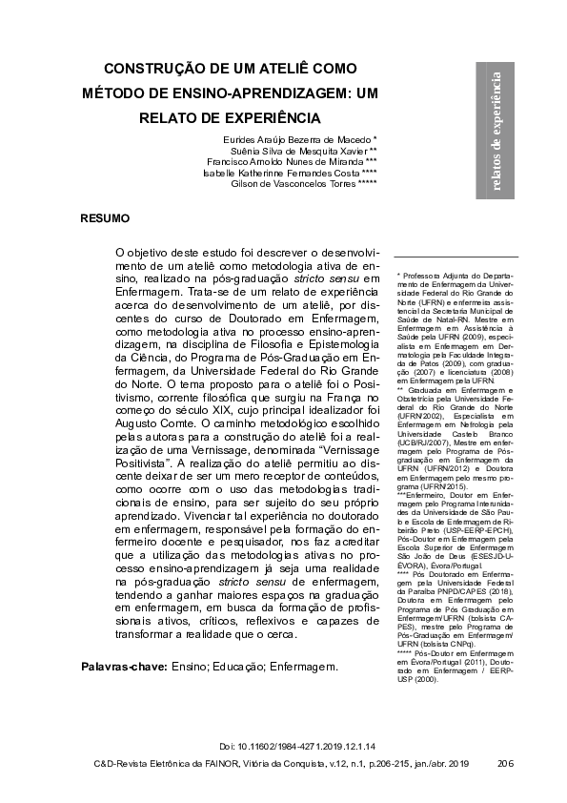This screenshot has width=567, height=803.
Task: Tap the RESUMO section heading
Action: click(105, 218)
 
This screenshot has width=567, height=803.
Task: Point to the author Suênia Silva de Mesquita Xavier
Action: click(299, 151)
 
